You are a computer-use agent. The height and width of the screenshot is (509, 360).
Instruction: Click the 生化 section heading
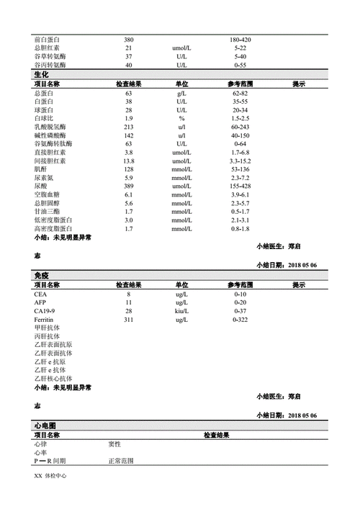click(x=42, y=75)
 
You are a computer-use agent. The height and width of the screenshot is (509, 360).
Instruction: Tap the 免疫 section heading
click(x=42, y=276)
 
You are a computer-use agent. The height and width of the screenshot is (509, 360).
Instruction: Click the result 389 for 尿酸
click(x=129, y=186)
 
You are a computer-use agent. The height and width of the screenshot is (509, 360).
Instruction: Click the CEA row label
click(x=40, y=294)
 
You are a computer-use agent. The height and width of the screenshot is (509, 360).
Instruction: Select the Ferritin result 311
click(x=129, y=319)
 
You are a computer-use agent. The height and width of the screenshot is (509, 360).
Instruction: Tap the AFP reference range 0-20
click(x=240, y=303)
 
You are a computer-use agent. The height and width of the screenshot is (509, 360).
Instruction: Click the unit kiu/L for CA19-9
click(x=181, y=311)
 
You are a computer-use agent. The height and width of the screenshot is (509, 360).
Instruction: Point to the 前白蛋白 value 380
click(x=129, y=39)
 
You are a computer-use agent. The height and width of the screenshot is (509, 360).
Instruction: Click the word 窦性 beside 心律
click(x=114, y=444)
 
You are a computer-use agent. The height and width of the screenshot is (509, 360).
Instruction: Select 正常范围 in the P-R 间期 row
click(x=120, y=461)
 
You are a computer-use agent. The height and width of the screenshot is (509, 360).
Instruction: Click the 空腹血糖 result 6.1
click(x=129, y=194)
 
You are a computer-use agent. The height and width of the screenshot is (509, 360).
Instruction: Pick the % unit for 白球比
click(x=181, y=117)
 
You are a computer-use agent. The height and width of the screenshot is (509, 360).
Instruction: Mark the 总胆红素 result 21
click(x=129, y=48)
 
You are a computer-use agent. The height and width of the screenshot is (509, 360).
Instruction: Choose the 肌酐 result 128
click(x=129, y=168)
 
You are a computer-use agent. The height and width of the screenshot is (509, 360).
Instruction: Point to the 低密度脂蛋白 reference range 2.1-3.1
click(x=240, y=220)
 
